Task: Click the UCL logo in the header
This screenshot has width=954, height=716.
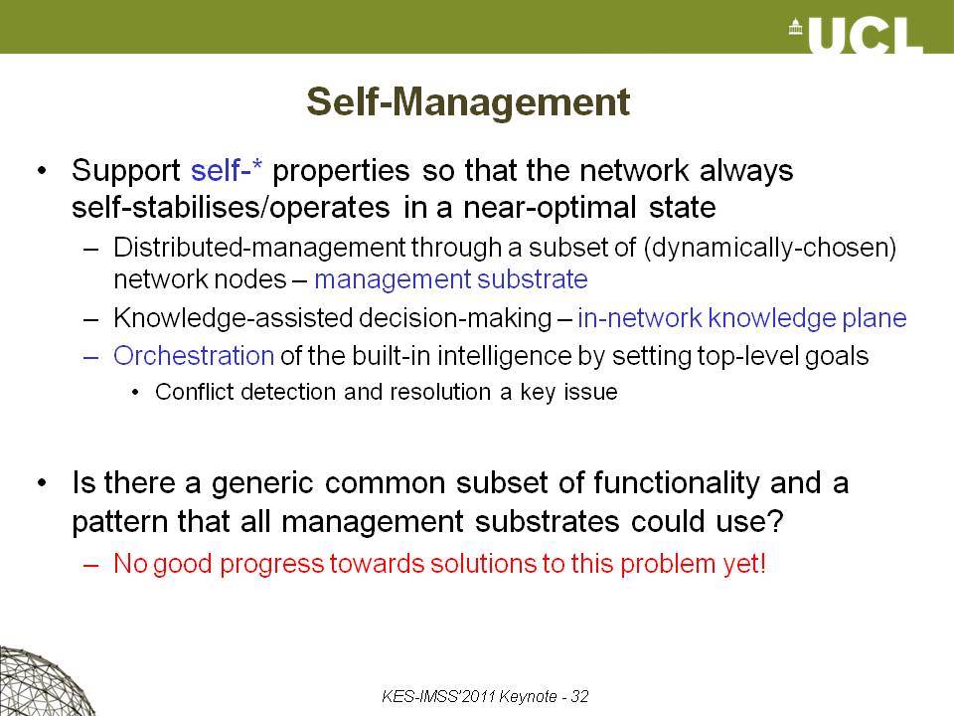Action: pos(856,36)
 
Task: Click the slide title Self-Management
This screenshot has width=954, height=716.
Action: pos(468,101)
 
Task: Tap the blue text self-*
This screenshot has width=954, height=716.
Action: pos(227,170)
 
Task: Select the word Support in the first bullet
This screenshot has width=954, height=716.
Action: pos(125,171)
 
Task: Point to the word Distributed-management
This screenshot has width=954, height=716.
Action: pos(259,248)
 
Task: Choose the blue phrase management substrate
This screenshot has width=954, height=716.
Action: pos(451,279)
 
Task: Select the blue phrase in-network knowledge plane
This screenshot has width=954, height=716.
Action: pos(741,318)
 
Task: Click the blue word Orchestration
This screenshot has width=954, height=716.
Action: pos(194,356)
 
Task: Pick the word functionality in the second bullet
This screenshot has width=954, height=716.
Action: pos(677,483)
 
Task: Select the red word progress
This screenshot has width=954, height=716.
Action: pos(271,565)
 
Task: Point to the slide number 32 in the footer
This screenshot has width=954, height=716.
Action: pos(579,696)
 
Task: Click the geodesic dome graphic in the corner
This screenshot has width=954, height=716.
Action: pos(43,682)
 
